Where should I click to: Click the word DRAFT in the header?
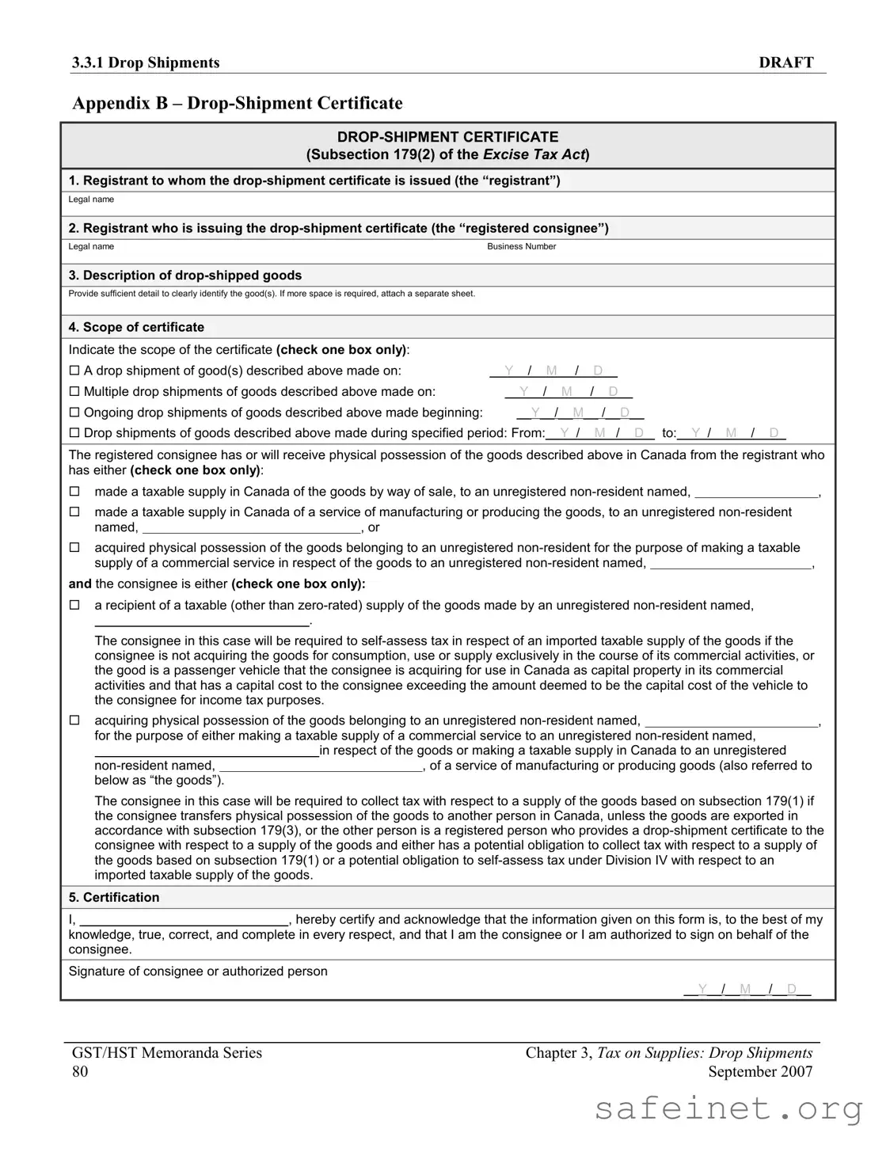point(785,63)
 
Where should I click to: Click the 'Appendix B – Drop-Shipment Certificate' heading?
point(238,103)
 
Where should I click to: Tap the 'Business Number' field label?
point(521,246)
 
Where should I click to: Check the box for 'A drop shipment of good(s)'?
point(74,371)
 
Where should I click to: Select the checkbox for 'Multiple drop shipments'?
point(74,391)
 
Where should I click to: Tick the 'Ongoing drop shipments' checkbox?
point(74,413)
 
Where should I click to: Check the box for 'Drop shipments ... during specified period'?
point(74,433)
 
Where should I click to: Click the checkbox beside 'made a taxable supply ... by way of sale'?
point(74,492)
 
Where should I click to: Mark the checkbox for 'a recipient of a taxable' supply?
point(74,605)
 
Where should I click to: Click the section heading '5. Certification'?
point(114,897)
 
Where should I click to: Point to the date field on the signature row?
point(747,989)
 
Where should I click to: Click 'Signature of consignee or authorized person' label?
point(198,971)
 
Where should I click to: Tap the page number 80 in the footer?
point(80,1071)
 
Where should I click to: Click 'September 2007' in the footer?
point(760,1071)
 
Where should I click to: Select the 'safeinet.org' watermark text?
point(728,1108)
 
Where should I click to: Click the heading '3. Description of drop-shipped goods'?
point(185,276)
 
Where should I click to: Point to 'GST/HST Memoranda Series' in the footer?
point(167,1052)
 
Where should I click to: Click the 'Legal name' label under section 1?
point(91,200)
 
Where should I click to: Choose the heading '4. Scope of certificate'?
point(136,327)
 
